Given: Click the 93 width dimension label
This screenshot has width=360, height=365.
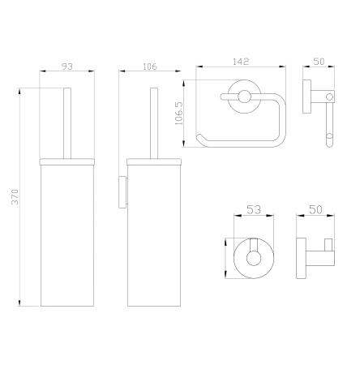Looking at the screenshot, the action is click(x=67, y=67).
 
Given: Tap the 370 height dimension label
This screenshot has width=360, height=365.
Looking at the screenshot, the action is click(x=15, y=196).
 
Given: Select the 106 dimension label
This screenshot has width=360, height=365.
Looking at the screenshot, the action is click(x=149, y=67).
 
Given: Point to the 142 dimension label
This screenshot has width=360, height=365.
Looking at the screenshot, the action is click(x=241, y=62).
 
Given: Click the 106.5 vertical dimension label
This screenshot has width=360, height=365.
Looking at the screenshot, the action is click(x=179, y=113).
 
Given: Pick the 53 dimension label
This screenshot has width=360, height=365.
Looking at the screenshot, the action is click(x=254, y=209).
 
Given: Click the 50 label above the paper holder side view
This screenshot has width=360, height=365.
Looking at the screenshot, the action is click(x=319, y=62).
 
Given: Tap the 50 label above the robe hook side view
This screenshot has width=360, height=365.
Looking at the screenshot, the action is click(x=315, y=209).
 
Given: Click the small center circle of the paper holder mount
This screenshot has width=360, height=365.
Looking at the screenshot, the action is click(x=244, y=97).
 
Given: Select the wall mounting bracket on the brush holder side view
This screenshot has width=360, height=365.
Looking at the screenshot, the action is click(x=122, y=192).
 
